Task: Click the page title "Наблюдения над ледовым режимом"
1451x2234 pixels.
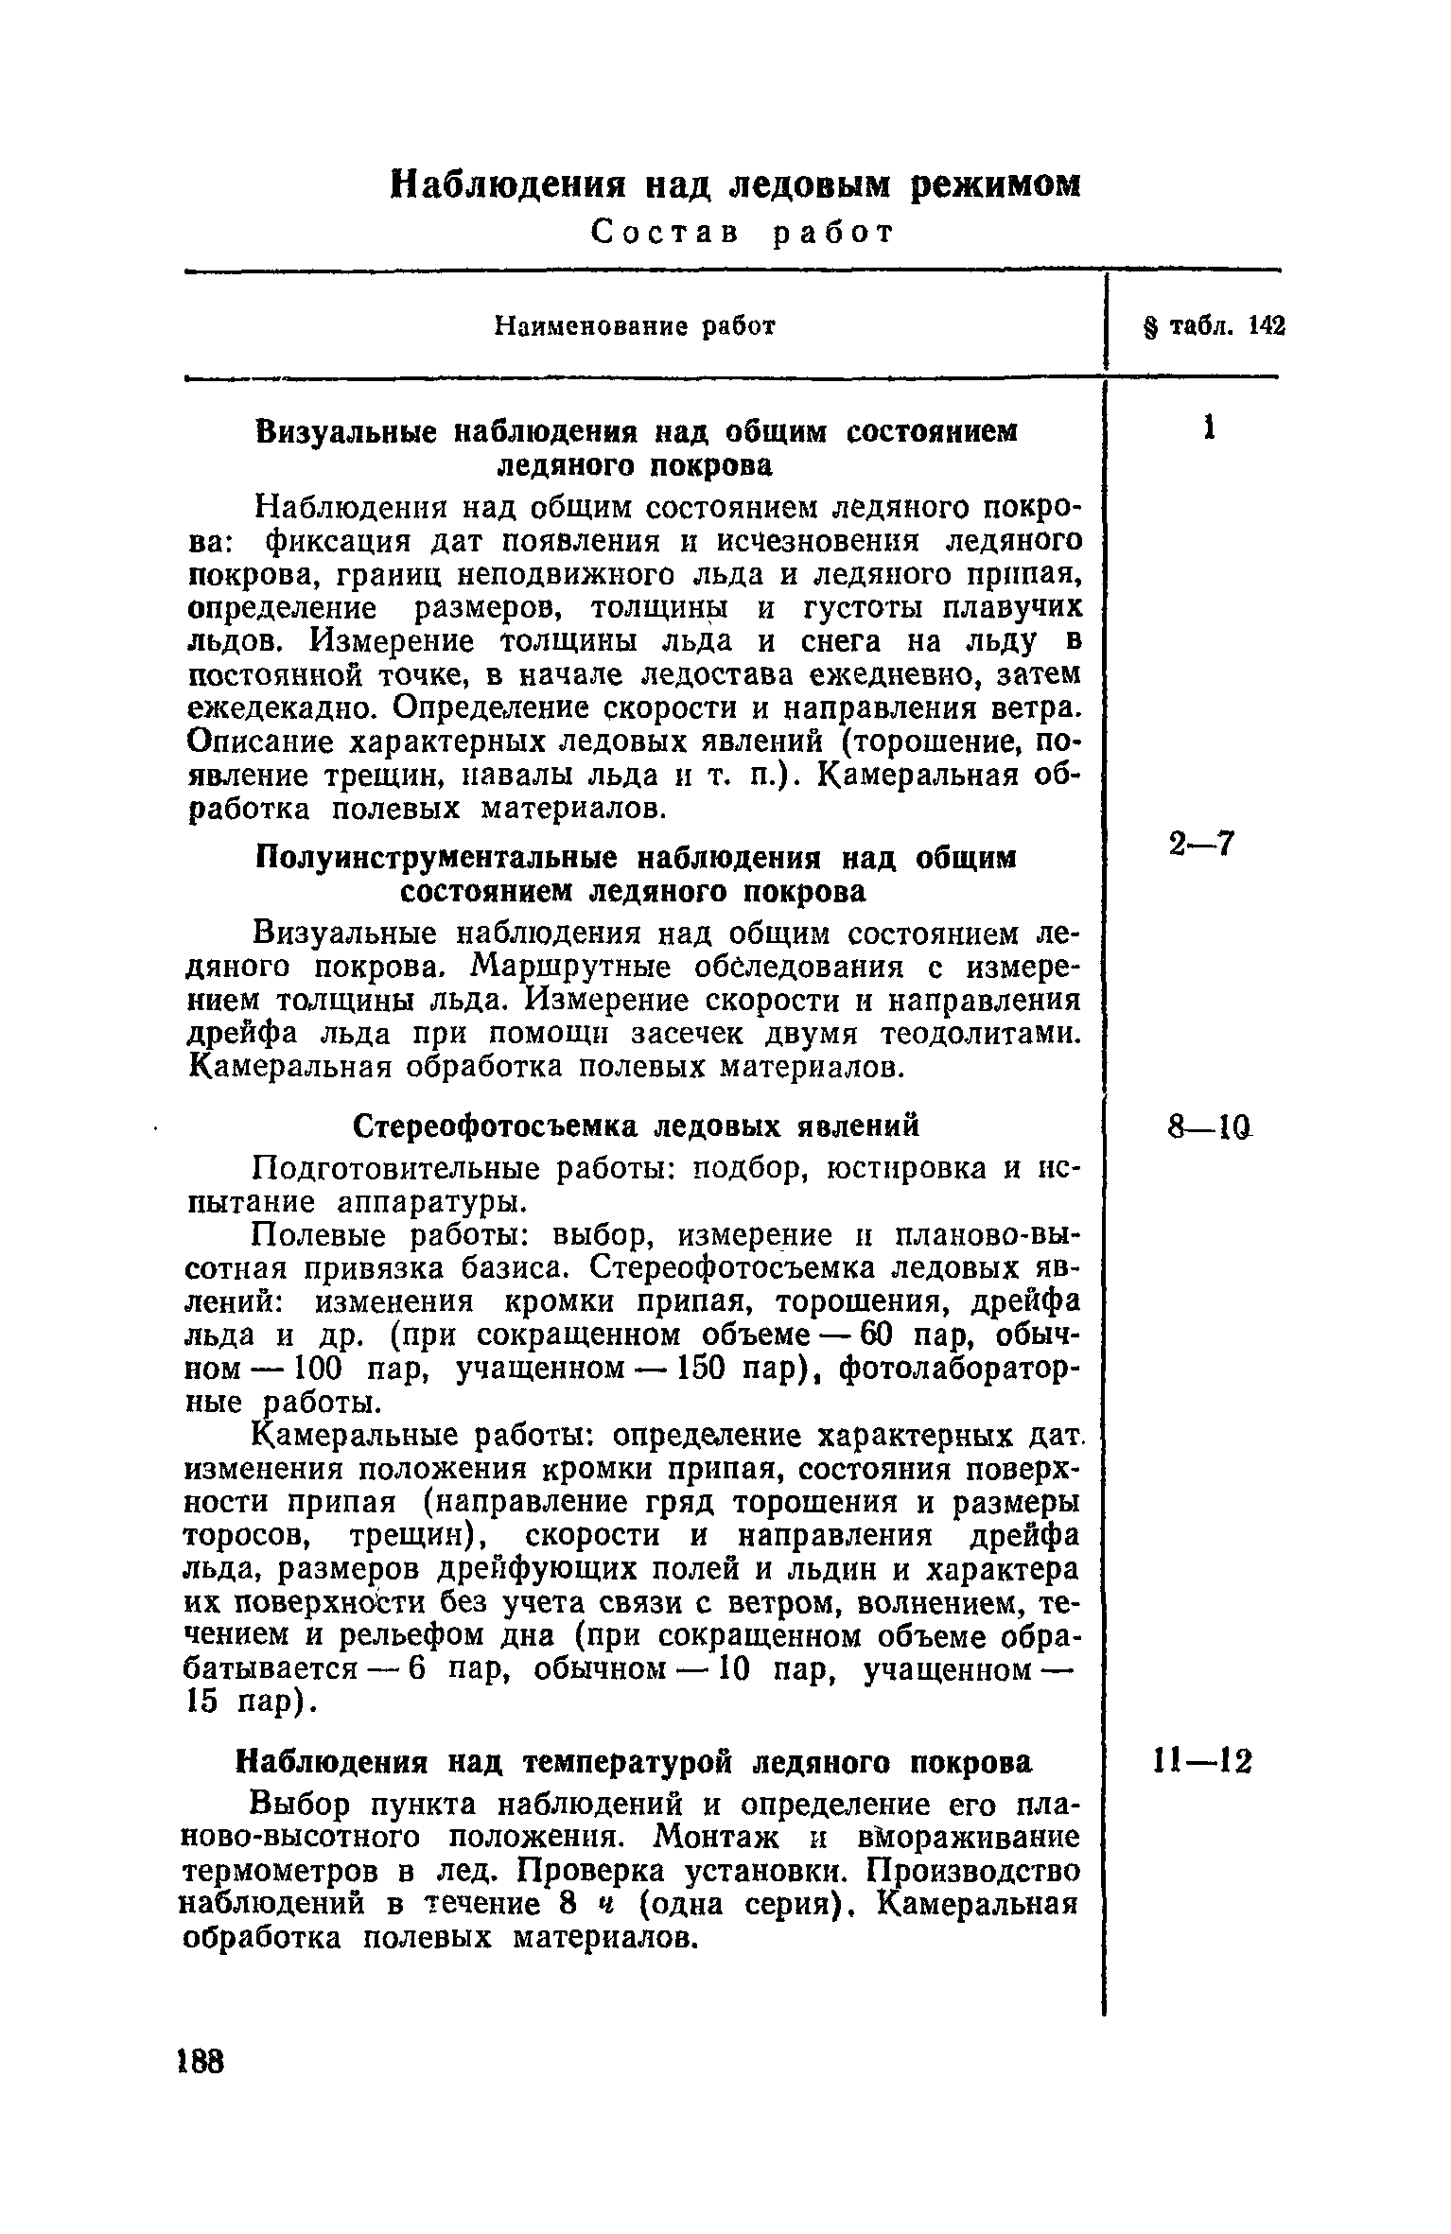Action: (x=735, y=183)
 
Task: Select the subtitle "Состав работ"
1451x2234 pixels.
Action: (x=741, y=233)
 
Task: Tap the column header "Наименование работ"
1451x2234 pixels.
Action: (x=636, y=326)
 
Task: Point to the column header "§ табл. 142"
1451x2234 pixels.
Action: (x=1215, y=326)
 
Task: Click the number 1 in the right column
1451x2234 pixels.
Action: (x=1208, y=428)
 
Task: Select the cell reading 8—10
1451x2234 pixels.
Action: (x=1202, y=1126)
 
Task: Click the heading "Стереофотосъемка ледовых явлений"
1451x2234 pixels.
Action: (x=636, y=1127)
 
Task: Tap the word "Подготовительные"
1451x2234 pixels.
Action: (x=401, y=1169)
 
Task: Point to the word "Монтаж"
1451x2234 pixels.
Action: (x=717, y=1837)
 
